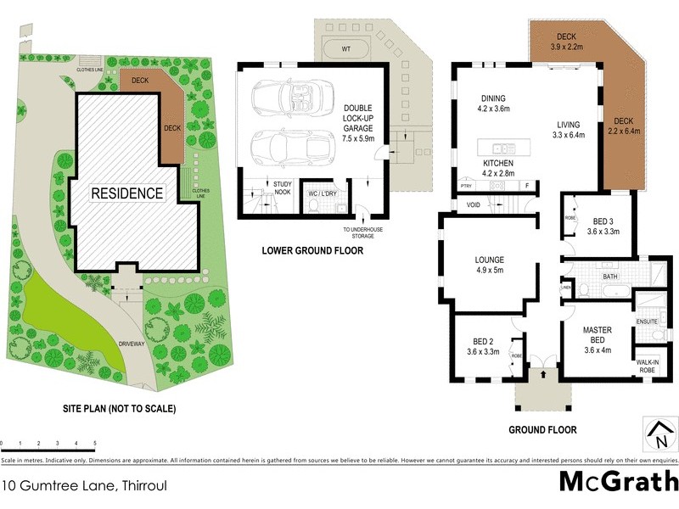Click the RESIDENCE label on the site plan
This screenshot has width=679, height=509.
pos(128,193)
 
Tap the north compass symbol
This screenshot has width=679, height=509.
pos(659,434)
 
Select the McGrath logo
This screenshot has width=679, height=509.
pos(618,482)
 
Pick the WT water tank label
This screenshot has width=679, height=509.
pos(345,50)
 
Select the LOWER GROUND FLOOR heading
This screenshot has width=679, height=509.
pos(312,251)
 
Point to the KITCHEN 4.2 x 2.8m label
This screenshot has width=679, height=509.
pos(500,166)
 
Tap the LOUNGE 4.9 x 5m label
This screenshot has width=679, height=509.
pos(490,265)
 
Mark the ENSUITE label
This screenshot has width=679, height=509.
pos(648,322)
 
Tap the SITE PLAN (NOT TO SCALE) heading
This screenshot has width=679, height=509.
pos(120,409)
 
